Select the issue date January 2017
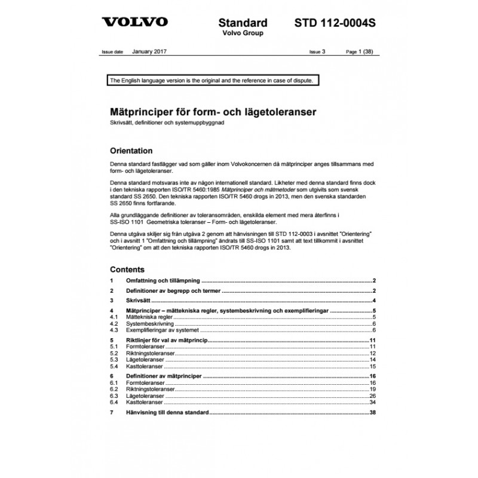click(149, 52)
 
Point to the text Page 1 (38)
click(361, 53)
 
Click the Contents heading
click(127, 269)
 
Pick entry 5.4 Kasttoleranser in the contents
click(144, 366)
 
